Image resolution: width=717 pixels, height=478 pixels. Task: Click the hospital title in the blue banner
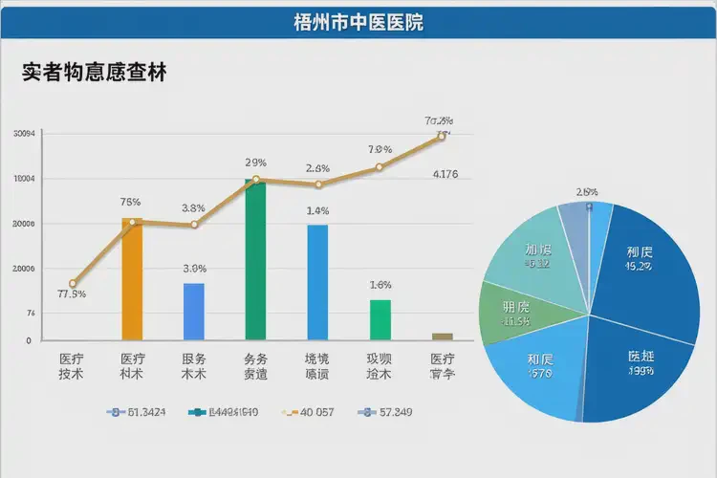(358, 21)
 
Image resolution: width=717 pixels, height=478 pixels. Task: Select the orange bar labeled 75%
(132, 279)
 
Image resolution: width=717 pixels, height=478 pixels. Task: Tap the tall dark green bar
(255, 259)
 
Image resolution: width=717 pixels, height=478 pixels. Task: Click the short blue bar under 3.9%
(194, 311)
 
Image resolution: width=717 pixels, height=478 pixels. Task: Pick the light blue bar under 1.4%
(317, 281)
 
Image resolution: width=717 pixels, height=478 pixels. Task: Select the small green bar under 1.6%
(380, 319)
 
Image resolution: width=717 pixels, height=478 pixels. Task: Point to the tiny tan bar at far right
(442, 336)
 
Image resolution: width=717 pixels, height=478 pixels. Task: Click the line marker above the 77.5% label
(73, 284)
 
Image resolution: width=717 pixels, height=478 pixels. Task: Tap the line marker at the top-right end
(442, 137)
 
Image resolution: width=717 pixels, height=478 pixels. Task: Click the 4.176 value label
(445, 174)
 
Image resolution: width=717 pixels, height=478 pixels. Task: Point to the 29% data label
(255, 162)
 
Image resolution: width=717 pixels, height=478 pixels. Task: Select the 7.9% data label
(380, 149)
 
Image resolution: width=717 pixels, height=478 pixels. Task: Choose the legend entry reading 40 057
(306, 412)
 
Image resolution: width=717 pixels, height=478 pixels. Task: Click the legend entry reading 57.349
(384, 412)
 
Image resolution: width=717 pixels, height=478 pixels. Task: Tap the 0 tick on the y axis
(29, 340)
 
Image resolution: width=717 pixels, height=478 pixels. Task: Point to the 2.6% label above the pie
(587, 191)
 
